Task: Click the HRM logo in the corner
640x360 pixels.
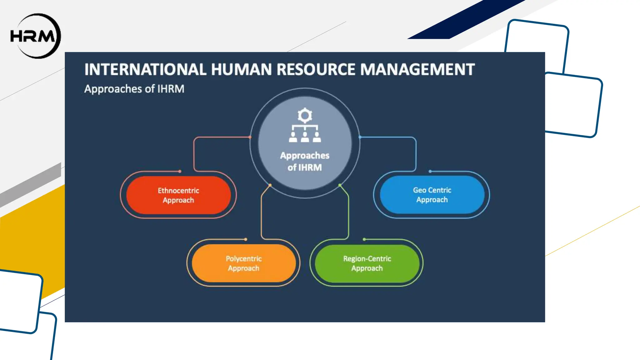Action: tap(35, 36)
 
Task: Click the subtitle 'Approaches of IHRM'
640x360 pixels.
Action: tap(134, 89)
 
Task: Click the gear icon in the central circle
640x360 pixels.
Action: tap(305, 116)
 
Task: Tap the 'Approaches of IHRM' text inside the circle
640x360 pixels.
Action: tap(305, 161)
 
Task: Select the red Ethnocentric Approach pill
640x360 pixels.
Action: tap(178, 195)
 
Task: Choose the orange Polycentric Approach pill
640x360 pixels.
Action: tap(244, 263)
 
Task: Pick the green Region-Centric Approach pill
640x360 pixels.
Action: tap(367, 263)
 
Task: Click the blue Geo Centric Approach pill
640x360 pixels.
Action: tap(432, 195)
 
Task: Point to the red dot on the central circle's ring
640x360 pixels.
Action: tap(250, 137)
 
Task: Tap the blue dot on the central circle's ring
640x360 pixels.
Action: tap(360, 137)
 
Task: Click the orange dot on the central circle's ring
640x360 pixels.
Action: tap(270, 185)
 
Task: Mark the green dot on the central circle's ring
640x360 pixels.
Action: tap(340, 185)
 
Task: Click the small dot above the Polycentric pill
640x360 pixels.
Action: tap(246, 239)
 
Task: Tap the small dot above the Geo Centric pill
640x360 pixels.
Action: tap(430, 171)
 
